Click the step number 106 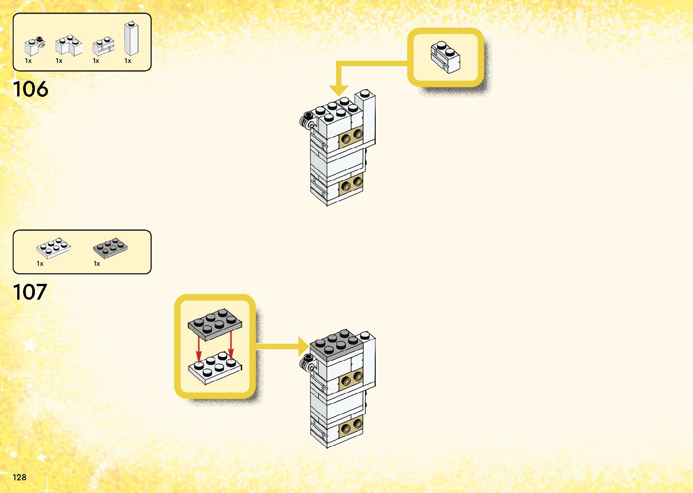tap(30, 89)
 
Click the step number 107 tap(30, 292)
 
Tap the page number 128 tap(19, 477)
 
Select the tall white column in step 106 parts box tap(131, 39)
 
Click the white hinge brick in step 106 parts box tap(33, 46)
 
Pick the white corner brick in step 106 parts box tap(68, 45)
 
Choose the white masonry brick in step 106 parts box tap(103, 46)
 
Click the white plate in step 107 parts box tap(53, 248)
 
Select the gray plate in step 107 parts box tap(110, 247)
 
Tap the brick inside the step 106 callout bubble tap(445, 57)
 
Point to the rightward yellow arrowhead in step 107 tap(303, 347)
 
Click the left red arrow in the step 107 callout tap(198, 349)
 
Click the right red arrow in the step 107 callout tap(231, 346)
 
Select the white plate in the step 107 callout tap(215, 368)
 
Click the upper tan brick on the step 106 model tap(351, 136)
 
